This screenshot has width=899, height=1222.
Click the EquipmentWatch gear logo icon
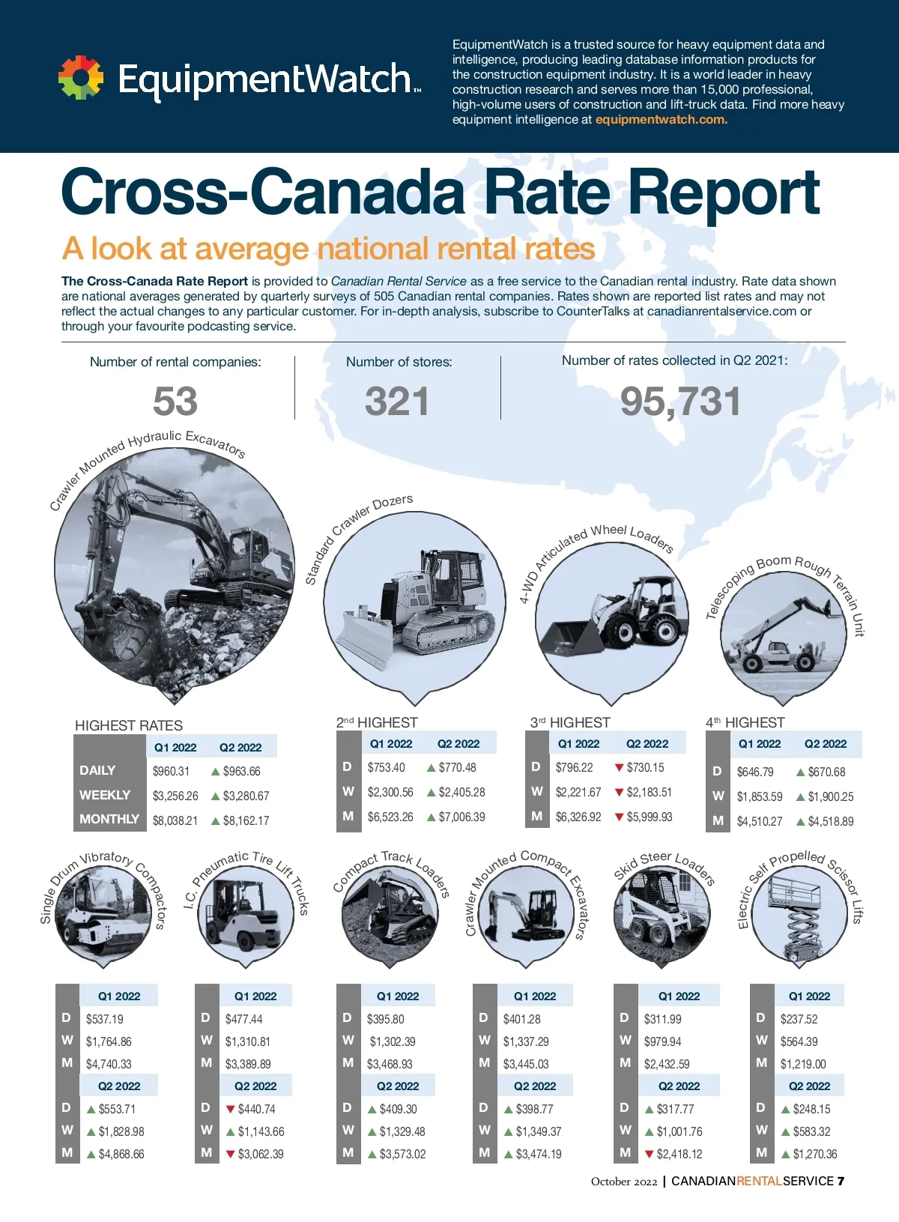point(81,78)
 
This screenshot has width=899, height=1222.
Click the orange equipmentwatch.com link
point(661,120)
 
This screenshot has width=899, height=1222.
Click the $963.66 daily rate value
point(241,771)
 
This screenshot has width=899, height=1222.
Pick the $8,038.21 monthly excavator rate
point(175,820)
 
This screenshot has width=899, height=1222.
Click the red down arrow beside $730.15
point(619,767)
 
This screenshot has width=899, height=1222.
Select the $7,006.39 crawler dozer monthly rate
point(461,817)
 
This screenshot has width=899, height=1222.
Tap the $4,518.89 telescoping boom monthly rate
point(830,821)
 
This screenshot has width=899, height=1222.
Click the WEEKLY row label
point(105,795)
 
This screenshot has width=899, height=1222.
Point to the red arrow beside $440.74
point(231,1109)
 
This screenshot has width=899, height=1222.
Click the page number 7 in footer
point(841,1182)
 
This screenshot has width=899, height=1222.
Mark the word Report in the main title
point(723,193)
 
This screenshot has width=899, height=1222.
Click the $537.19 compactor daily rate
point(105,1019)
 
